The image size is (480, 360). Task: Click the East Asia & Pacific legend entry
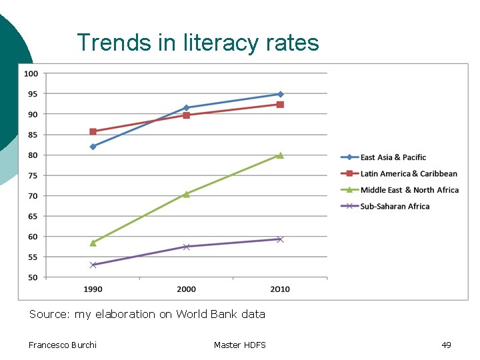click(393, 157)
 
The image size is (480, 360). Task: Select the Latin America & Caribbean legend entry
click(408, 173)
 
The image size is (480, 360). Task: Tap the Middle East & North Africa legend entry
click(409, 190)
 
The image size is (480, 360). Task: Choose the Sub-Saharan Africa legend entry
click(395, 206)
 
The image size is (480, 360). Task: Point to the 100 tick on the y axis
click(31, 73)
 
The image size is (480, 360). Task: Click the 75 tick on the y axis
click(33, 175)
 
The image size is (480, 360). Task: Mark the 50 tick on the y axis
click(33, 277)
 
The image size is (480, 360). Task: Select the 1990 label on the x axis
click(93, 289)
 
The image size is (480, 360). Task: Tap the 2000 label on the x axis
click(187, 289)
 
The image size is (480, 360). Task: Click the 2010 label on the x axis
click(280, 289)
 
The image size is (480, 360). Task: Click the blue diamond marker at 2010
click(280, 94)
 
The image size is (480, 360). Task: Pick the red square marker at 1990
click(93, 131)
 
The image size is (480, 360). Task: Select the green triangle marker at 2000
click(187, 194)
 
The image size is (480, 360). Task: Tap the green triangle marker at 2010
click(280, 155)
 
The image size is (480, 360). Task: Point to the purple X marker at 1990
click(93, 265)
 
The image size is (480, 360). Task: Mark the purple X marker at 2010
click(280, 239)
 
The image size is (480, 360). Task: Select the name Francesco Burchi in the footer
click(63, 345)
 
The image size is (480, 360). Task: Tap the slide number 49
click(446, 345)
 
